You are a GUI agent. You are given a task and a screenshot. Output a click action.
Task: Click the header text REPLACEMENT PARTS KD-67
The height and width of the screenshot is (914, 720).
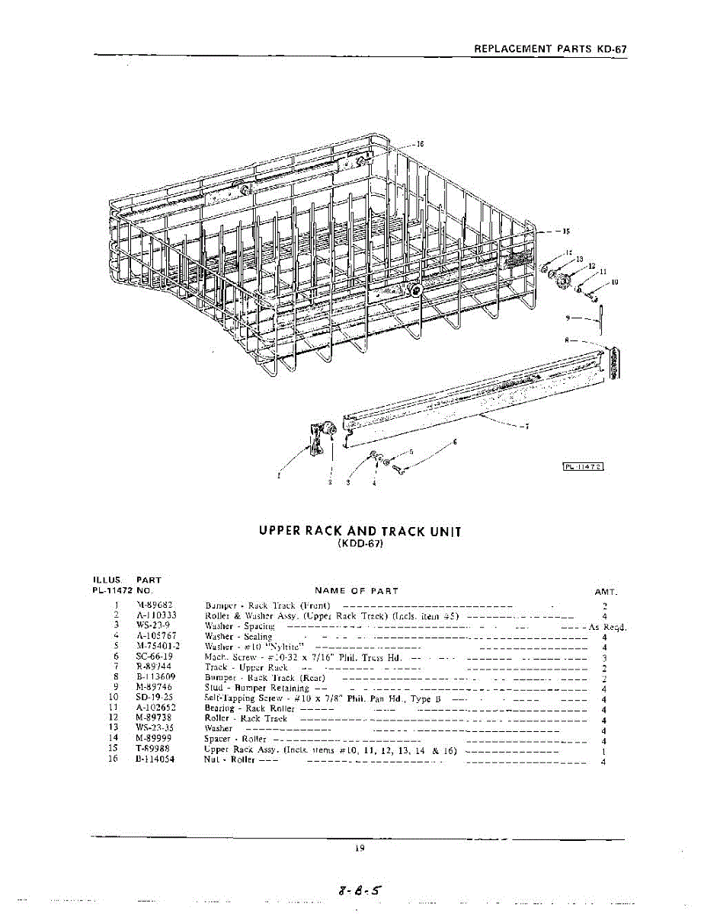[550, 48]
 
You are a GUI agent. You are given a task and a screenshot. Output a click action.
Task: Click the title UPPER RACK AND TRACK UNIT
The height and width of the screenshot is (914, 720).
[360, 532]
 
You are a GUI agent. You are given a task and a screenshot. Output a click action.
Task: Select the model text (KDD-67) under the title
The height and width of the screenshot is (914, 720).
[360, 545]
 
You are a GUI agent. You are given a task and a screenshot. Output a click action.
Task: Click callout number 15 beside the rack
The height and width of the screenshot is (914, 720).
[565, 231]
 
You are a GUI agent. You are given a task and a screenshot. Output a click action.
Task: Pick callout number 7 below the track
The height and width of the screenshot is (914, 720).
[523, 427]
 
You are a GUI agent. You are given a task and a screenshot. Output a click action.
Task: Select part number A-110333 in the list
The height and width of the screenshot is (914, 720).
[156, 615]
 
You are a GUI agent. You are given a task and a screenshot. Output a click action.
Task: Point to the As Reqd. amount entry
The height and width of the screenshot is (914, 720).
[607, 626]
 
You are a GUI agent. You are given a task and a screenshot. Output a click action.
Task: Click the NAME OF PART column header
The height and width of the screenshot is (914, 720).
[356, 590]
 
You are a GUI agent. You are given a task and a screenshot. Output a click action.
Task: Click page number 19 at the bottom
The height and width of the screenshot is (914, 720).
[360, 847]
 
